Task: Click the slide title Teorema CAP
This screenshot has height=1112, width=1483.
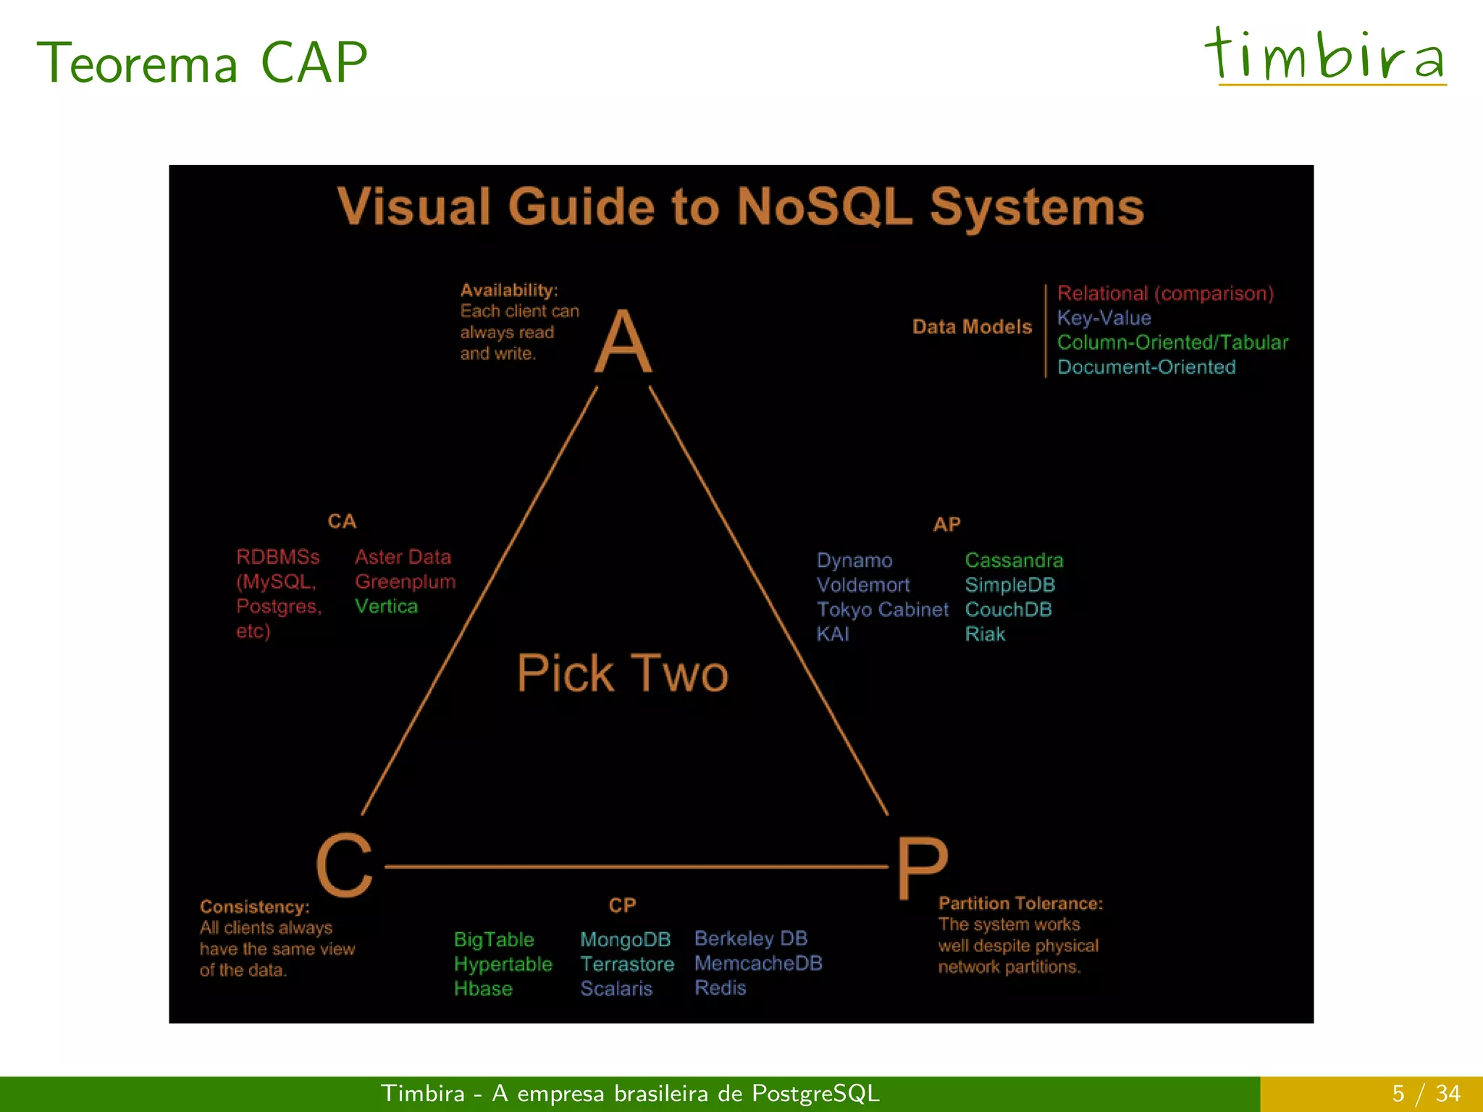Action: [202, 64]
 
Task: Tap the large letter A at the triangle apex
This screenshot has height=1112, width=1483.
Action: [623, 341]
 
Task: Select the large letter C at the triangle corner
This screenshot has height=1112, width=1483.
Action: [345, 864]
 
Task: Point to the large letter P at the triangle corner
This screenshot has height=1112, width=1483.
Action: [922, 868]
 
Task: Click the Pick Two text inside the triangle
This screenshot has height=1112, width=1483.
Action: [622, 673]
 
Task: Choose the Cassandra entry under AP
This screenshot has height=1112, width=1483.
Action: [1014, 560]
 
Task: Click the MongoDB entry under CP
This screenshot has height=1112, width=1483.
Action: [625, 940]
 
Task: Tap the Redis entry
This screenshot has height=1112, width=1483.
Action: [720, 988]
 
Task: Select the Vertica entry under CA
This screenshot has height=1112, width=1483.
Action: [386, 607]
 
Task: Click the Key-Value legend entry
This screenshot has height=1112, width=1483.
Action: [1104, 318]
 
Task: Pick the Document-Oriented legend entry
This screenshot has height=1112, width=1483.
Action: [1146, 367]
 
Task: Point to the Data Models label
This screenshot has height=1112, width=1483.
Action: [971, 327]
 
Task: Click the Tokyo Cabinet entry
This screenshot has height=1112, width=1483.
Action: [882, 610]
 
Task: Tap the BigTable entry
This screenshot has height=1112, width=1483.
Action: [494, 940]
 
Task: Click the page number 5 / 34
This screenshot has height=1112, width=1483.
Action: [1425, 1093]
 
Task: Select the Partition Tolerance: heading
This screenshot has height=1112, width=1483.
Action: [1020, 903]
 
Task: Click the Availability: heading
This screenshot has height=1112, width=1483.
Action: [509, 290]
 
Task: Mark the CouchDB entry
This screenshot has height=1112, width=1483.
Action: [1008, 610]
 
